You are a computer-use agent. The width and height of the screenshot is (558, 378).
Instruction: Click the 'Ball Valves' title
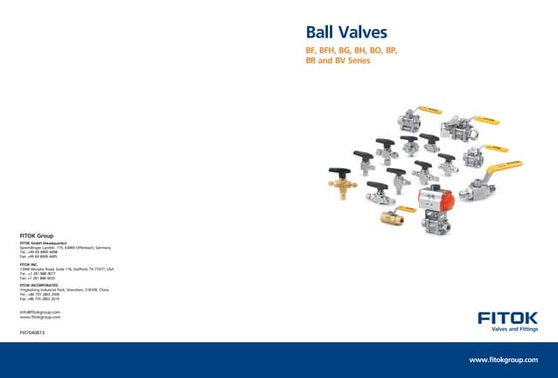(x=347, y=32)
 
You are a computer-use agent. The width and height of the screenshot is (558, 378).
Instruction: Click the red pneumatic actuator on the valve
(x=434, y=196)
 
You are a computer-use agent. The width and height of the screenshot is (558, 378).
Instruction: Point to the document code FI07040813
(x=33, y=329)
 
